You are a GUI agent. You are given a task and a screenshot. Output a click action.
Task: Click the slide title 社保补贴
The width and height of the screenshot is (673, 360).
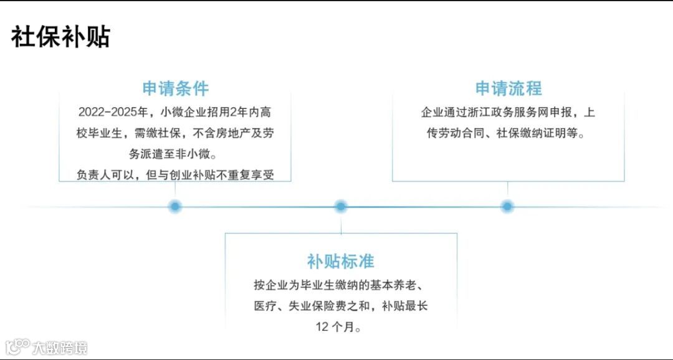60,37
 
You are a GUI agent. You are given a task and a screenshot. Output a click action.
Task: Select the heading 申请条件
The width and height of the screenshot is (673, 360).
175,88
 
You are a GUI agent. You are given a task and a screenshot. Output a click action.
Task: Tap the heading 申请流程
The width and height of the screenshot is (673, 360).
508,88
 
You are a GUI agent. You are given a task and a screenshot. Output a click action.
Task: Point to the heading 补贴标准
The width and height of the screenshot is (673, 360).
340,261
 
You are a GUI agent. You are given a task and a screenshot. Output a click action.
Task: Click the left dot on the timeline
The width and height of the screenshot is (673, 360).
175,206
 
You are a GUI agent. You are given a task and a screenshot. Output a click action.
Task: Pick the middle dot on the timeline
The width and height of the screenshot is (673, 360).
340,206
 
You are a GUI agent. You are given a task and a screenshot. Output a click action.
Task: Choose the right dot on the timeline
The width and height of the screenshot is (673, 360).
507,206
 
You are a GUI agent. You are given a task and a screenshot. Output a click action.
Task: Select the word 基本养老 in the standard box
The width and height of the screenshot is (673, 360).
395,285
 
